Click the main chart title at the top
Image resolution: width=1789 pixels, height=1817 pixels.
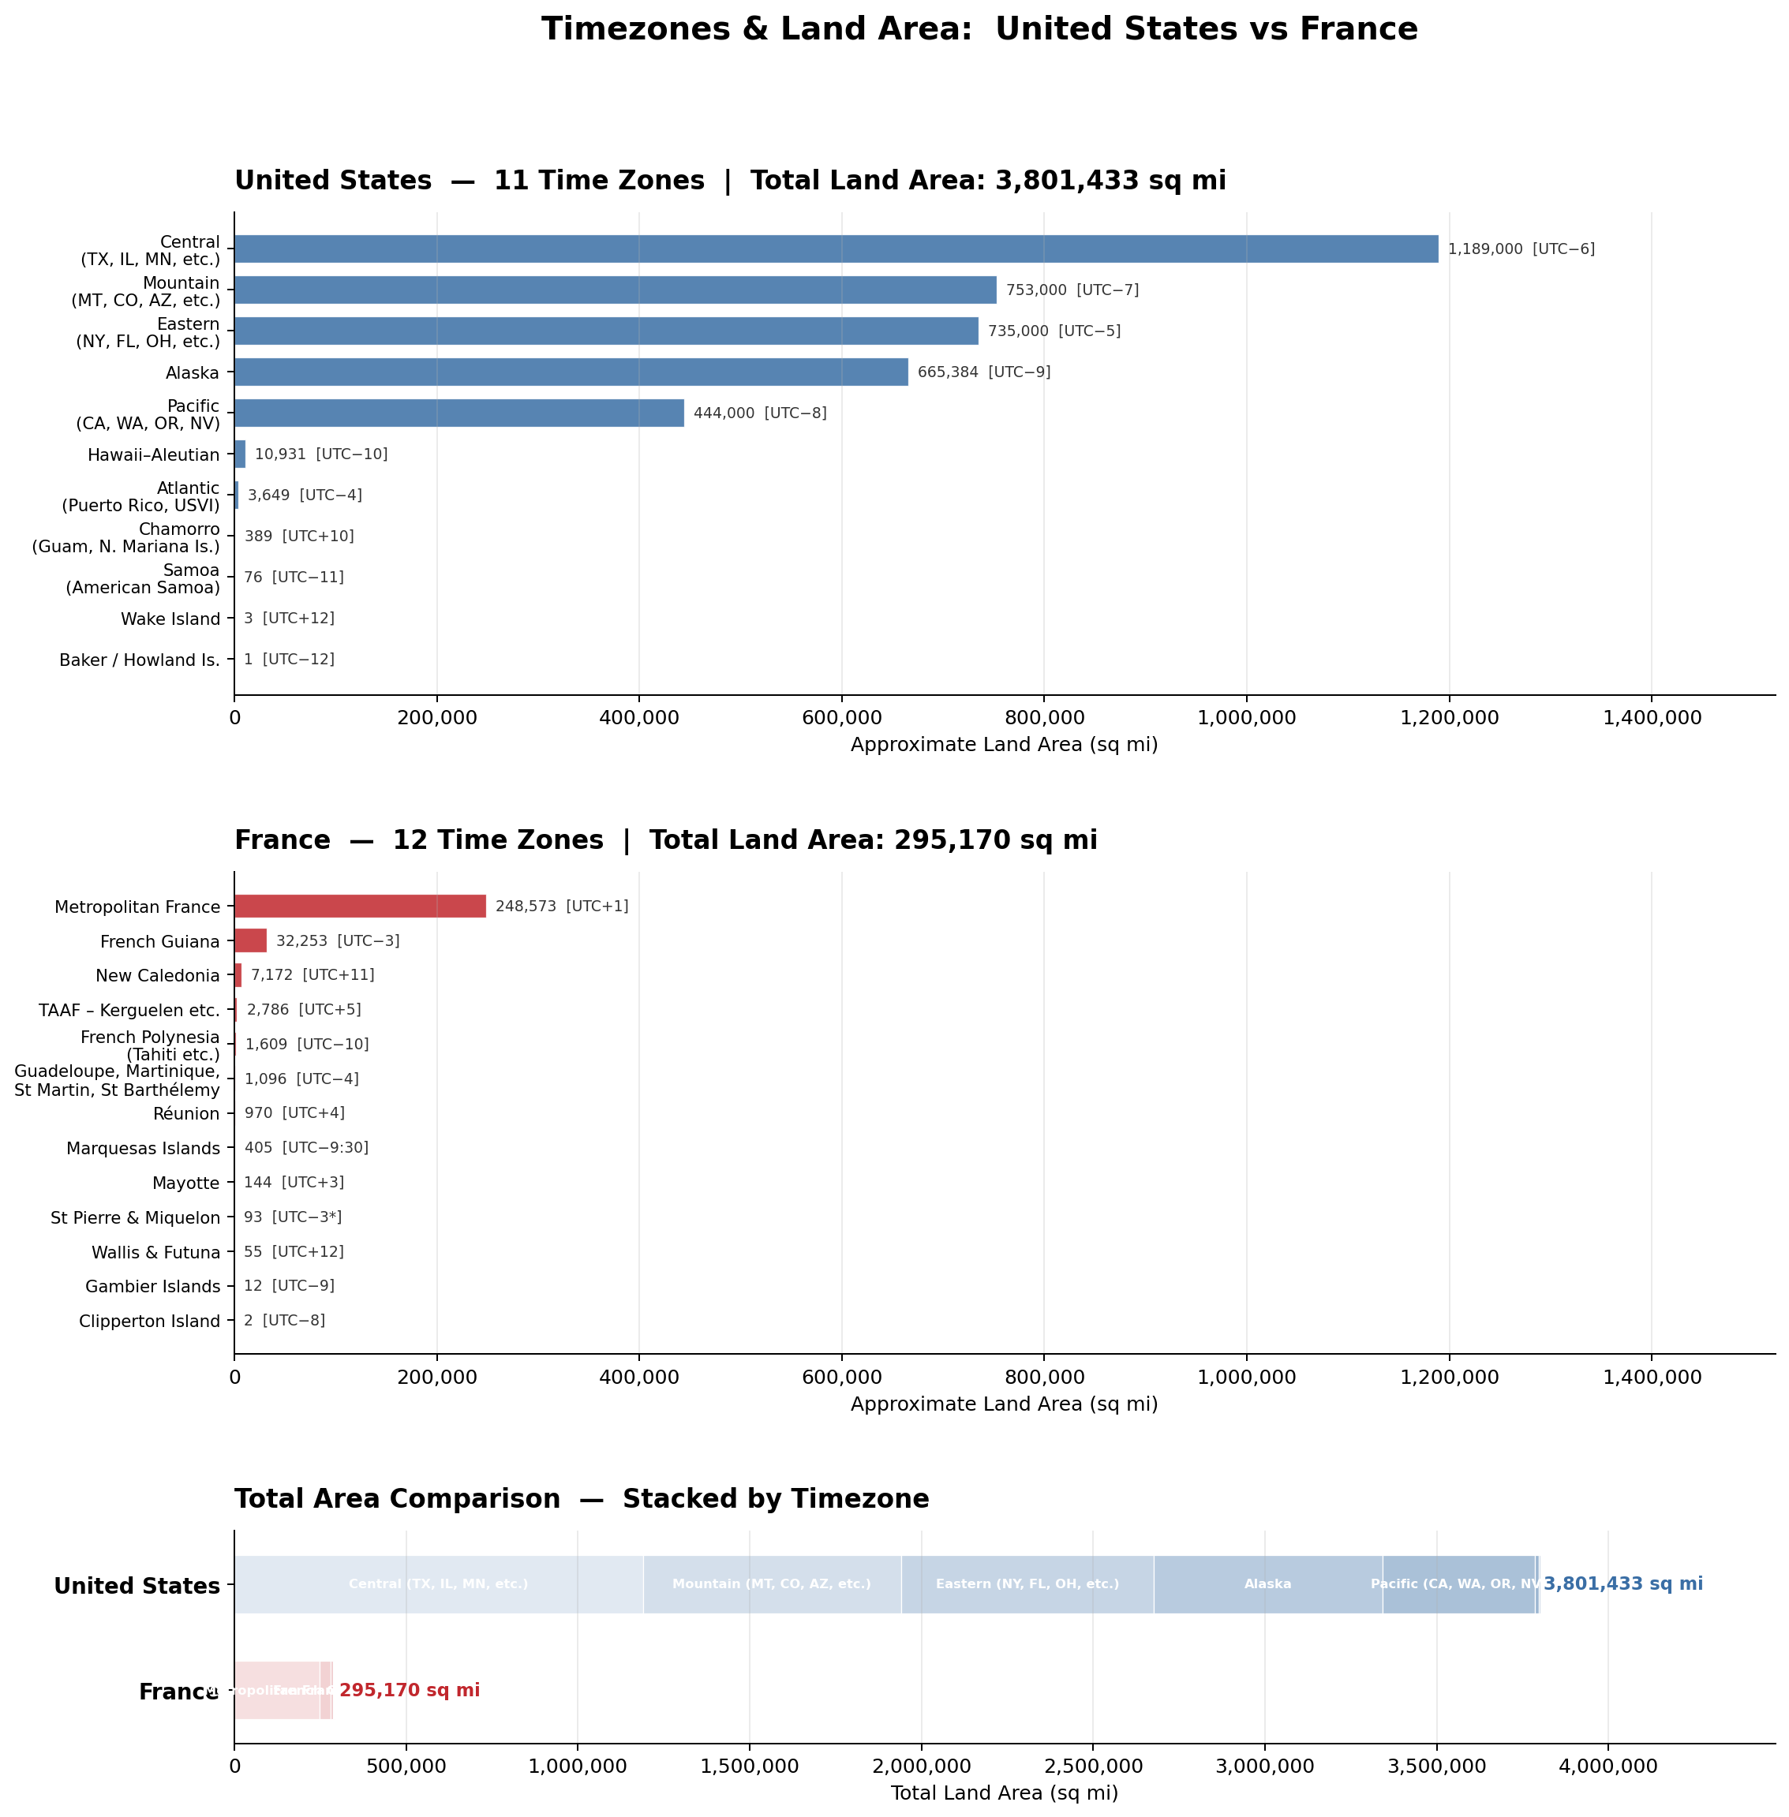[979, 29]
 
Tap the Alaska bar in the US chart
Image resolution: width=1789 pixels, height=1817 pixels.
[571, 372]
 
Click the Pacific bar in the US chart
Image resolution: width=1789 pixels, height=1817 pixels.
[458, 413]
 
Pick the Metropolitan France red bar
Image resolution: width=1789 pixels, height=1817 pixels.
[360, 906]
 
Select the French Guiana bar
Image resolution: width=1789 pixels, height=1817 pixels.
[250, 940]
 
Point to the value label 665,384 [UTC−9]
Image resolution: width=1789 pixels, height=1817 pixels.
[984, 372]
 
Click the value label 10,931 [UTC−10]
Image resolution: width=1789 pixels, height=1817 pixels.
[320, 454]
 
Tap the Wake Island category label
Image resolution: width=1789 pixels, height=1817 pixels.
[170, 619]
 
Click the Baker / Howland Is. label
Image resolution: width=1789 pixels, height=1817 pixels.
[139, 660]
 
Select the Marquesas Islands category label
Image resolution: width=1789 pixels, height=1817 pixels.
[143, 1148]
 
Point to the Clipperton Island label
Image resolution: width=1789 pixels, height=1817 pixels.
[149, 1321]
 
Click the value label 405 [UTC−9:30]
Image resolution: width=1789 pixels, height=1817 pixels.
[306, 1148]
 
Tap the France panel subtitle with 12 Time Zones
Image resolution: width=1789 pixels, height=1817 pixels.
[665, 840]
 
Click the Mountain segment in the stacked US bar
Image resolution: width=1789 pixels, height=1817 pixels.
[772, 1584]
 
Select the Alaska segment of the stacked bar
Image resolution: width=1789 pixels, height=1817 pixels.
[1267, 1584]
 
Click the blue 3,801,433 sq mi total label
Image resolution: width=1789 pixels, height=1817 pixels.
[1622, 1584]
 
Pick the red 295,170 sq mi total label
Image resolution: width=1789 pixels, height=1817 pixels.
[410, 1690]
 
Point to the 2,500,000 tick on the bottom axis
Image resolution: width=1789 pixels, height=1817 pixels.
[1093, 1767]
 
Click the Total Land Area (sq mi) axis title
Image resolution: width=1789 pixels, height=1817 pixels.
[1004, 1793]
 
